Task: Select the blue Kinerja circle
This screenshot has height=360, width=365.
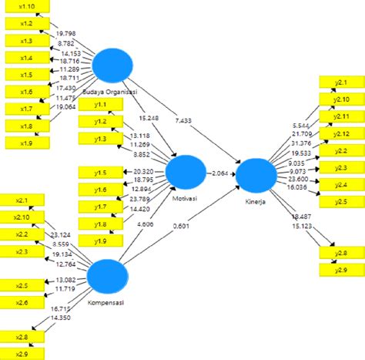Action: pyautogui.click(x=256, y=176)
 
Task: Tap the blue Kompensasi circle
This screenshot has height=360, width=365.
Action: pyautogui.click(x=108, y=277)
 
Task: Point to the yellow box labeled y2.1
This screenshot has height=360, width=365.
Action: pyautogui.click(x=339, y=82)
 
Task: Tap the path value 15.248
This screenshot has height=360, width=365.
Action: pyautogui.click(x=150, y=118)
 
